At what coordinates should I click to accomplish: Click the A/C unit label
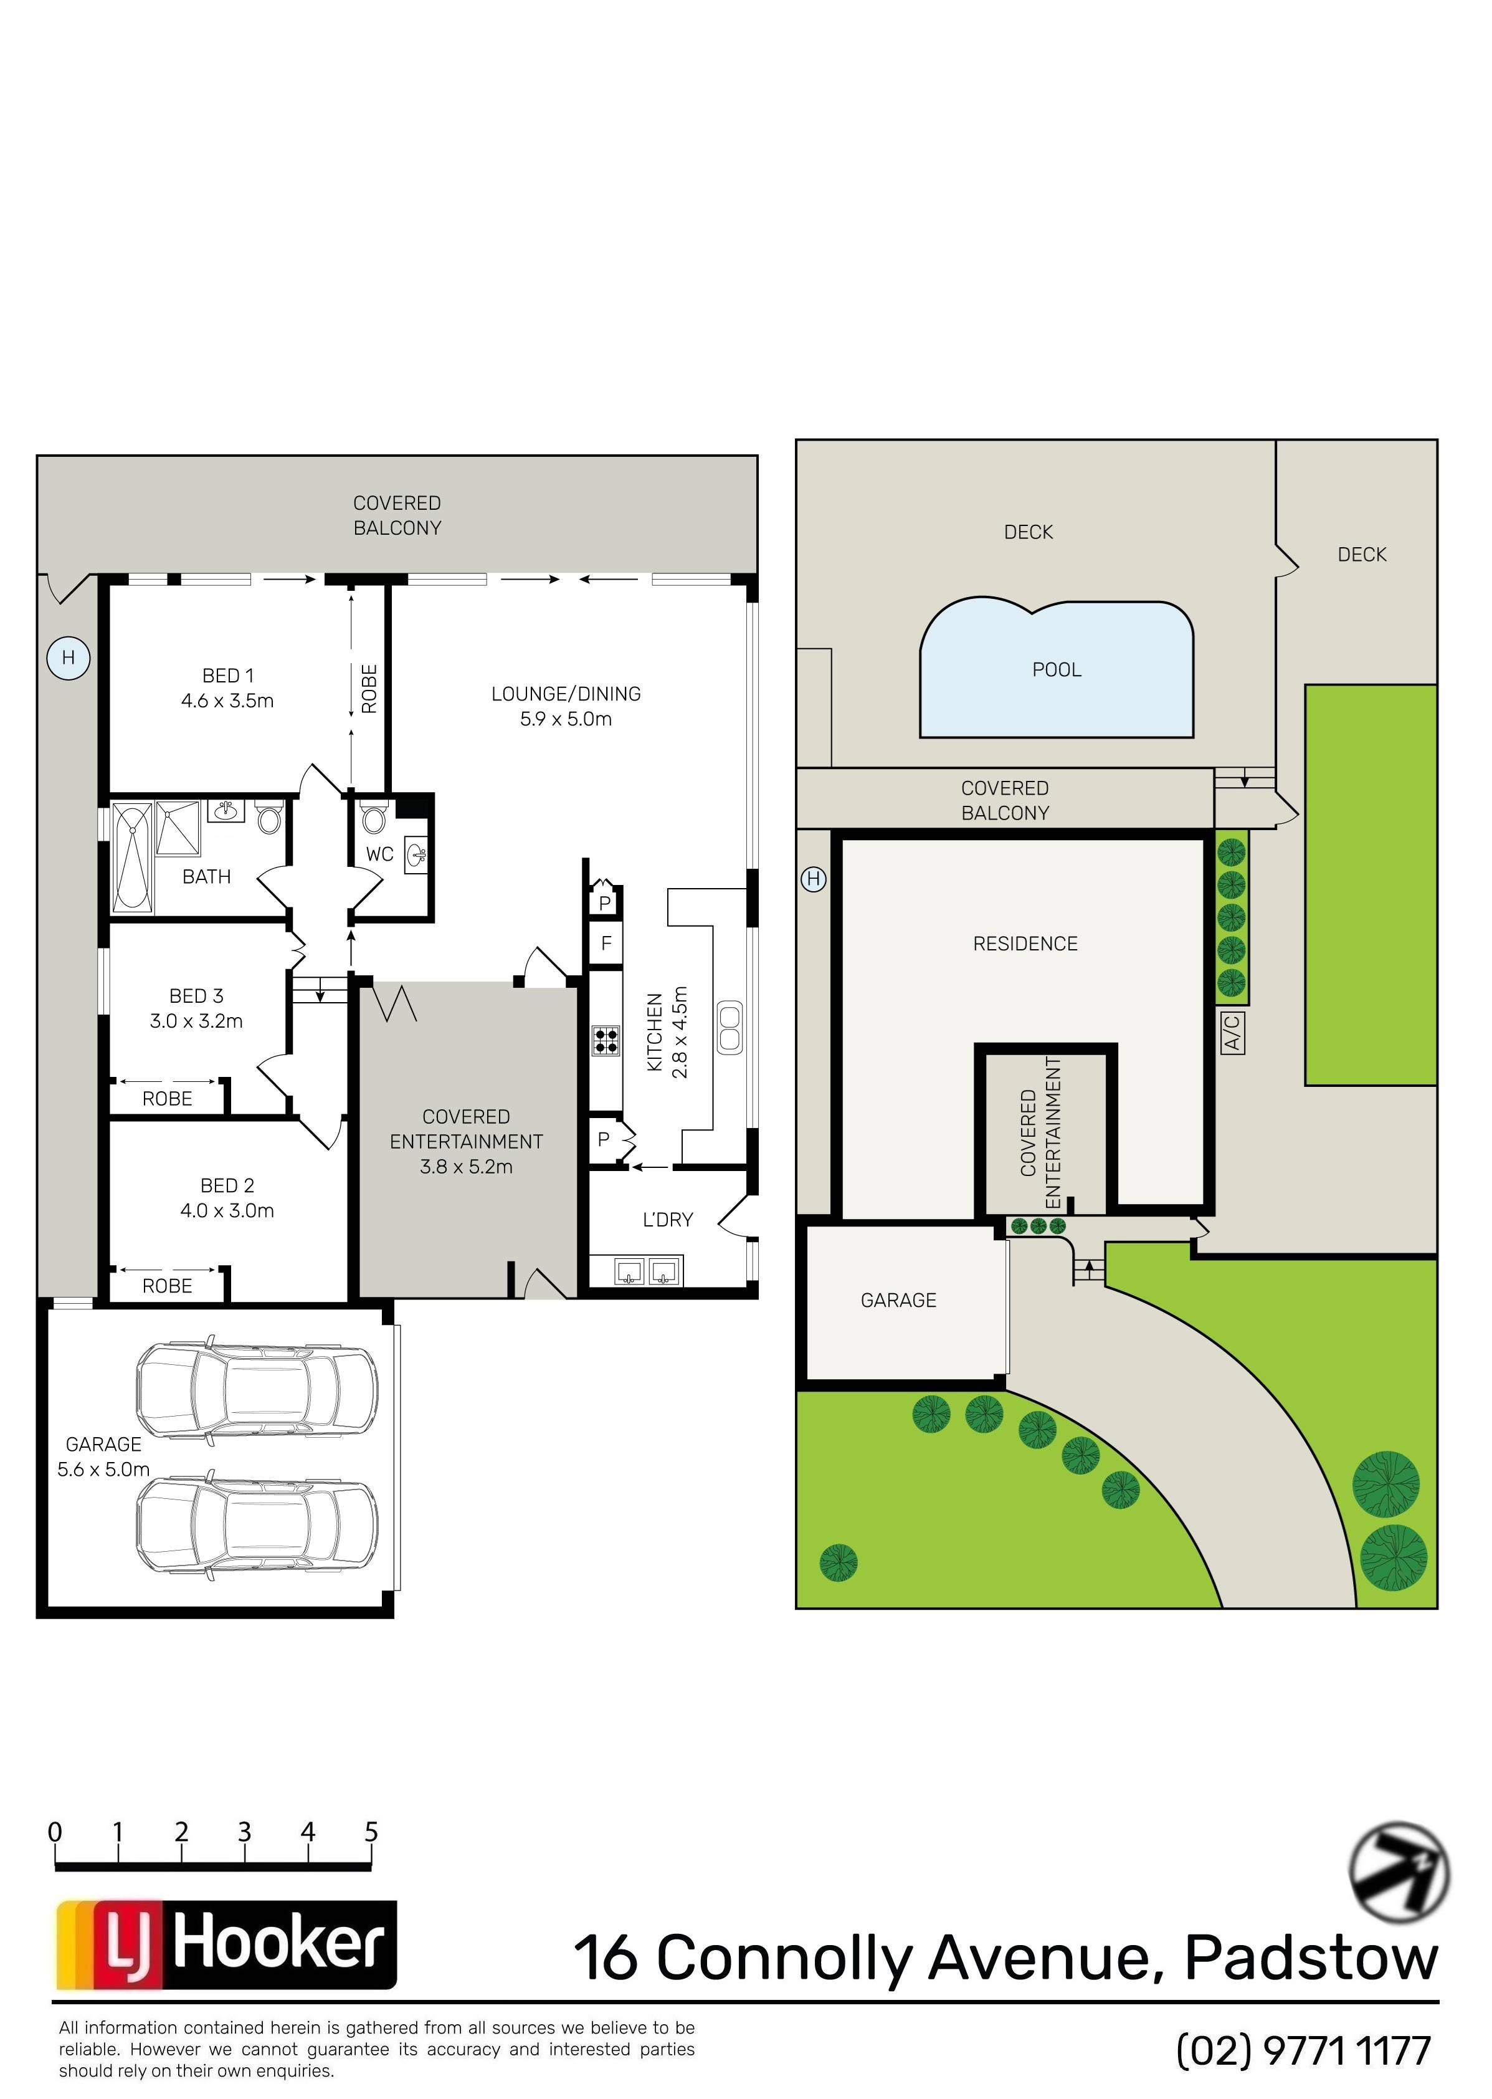tap(1233, 1032)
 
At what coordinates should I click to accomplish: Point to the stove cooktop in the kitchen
tap(606, 1040)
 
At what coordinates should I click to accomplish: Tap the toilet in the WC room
tap(373, 817)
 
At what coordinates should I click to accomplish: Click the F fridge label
tap(606, 943)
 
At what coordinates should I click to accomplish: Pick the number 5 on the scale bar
tap(371, 1832)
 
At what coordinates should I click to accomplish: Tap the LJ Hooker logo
tap(226, 1944)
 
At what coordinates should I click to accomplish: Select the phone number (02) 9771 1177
tap(1304, 2050)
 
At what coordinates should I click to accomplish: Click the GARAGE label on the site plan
tap(898, 1301)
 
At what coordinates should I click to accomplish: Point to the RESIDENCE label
tap(1025, 944)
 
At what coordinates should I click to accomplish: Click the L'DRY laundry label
tap(668, 1220)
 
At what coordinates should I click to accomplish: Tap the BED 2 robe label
tap(167, 1286)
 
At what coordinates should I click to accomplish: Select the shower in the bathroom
tap(178, 828)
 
